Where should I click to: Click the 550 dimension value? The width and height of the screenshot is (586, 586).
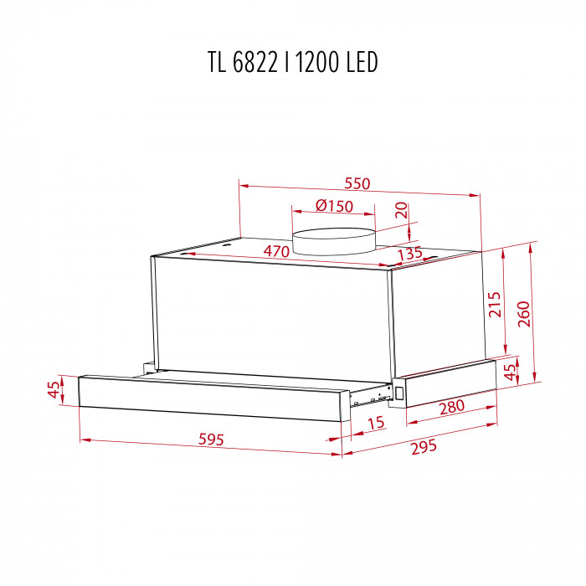point(357,183)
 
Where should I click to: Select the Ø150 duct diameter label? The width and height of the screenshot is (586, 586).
point(334,207)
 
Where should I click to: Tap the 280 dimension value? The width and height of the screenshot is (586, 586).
point(451,408)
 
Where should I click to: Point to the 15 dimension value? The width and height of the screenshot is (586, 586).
point(375,424)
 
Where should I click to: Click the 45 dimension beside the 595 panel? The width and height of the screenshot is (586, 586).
point(54,390)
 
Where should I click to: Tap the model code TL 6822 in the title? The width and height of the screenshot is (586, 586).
point(249,62)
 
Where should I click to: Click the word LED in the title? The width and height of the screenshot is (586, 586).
point(362,62)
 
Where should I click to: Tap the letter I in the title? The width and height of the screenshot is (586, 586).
point(286,62)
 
